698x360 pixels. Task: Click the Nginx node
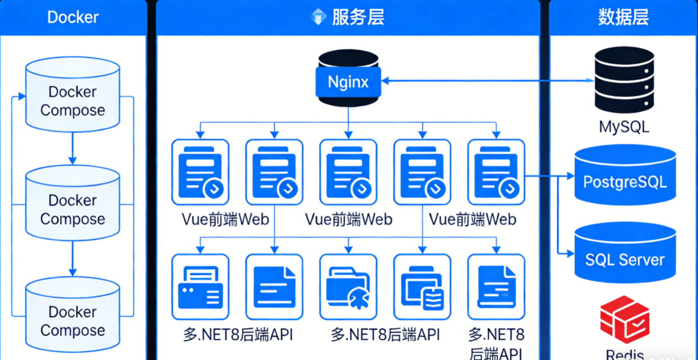348,81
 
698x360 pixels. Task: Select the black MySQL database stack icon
624,79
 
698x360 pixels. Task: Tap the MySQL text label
624,127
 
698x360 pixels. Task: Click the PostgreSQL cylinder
625,175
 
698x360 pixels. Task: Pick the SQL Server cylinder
625,254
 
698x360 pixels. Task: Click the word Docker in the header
73,17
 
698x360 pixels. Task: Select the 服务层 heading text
358,17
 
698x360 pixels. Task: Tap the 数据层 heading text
623,17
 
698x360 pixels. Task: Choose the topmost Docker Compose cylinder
73,94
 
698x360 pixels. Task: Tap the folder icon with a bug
348,288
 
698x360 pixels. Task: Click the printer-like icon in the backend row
200,288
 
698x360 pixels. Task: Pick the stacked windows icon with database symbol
422,288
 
